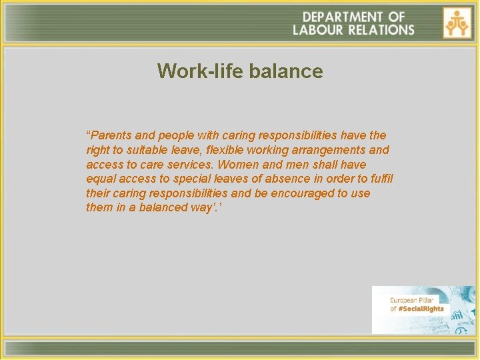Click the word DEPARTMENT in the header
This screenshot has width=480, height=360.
tap(341, 17)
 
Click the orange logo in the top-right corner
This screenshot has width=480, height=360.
tap(457, 23)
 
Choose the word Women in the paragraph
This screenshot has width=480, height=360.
tap(239, 165)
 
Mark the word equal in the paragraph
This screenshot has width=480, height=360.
tap(101, 179)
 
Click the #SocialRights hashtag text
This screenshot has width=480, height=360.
tap(421, 309)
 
